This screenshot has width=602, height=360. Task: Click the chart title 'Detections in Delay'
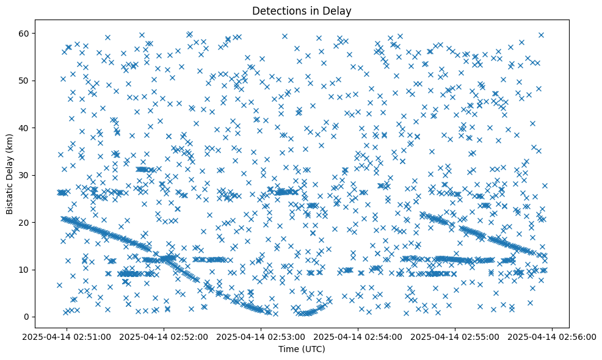click(x=302, y=11)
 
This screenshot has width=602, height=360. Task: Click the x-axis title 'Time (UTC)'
click(x=302, y=349)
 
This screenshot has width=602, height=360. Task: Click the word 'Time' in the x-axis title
click(x=290, y=349)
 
